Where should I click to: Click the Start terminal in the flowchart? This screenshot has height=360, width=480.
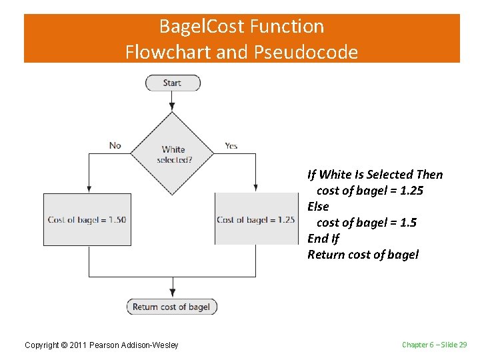coord(173,83)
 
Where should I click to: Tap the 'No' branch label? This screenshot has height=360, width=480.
coord(115,145)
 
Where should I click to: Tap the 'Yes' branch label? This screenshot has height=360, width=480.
coord(231,145)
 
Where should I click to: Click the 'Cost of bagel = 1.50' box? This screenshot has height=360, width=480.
coord(87,219)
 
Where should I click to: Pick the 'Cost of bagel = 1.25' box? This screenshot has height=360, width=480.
coord(256,219)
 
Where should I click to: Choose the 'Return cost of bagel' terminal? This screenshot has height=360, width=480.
coord(171,307)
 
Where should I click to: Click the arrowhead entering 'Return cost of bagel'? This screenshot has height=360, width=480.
coord(173,293)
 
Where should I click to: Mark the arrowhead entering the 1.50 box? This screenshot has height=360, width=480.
coord(89,189)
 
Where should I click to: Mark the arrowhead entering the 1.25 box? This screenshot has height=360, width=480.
coord(256,189)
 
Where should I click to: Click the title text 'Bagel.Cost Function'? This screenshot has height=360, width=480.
coord(241,27)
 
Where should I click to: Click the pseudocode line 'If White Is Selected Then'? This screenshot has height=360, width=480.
coord(375,175)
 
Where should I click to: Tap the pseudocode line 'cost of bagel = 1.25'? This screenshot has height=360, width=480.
coord(369,191)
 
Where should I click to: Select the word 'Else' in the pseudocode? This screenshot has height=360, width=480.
coord(318,207)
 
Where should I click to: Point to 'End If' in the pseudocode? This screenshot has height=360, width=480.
coord(323,239)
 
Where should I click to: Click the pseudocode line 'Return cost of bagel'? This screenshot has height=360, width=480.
coord(363,255)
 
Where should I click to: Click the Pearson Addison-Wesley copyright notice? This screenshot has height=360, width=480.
coord(101,345)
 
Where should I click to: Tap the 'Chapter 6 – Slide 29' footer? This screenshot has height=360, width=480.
coord(434,345)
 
